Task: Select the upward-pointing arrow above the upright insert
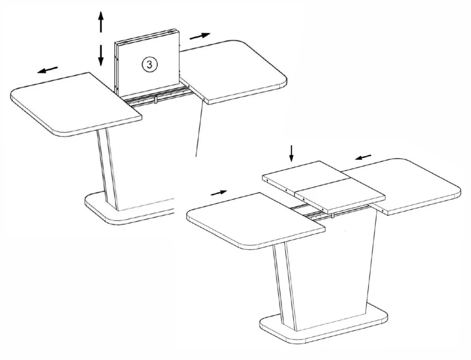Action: [100, 22]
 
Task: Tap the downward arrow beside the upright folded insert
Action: [100, 54]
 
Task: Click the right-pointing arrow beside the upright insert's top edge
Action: [200, 36]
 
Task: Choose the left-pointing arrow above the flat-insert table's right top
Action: [363, 157]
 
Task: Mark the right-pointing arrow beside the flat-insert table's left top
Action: [219, 192]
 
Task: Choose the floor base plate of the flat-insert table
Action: [325, 325]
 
